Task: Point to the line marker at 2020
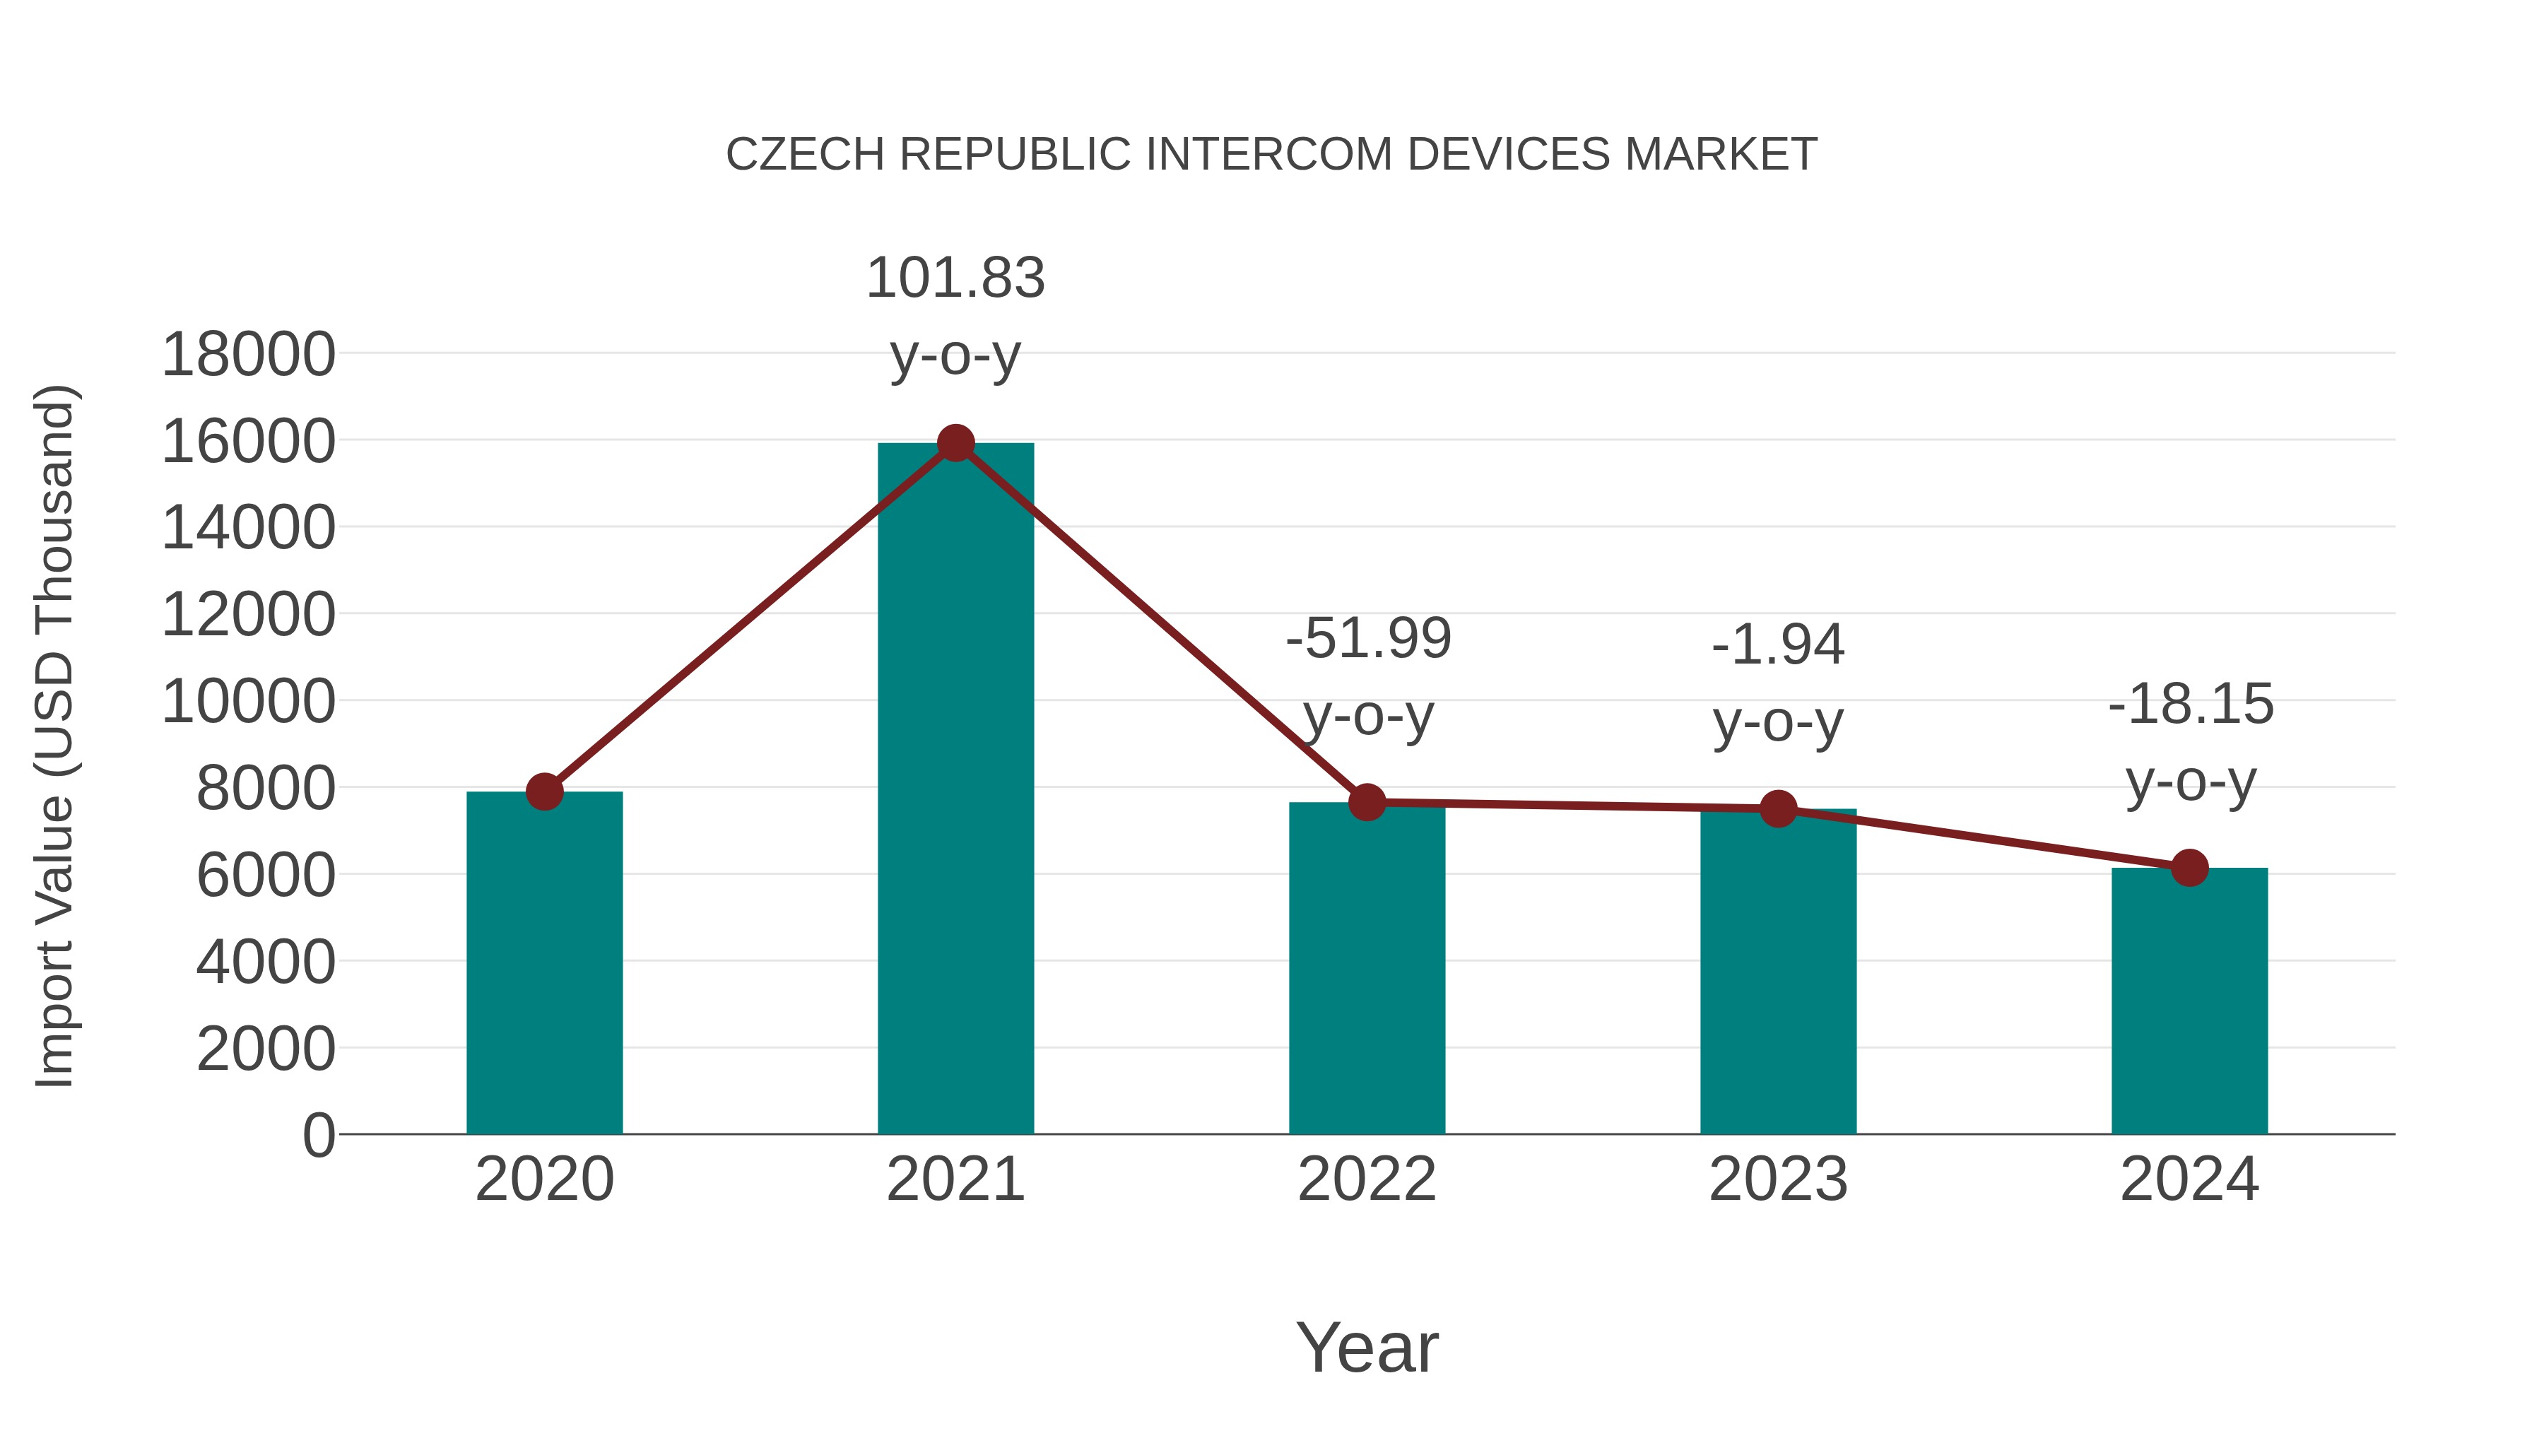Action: tap(544, 791)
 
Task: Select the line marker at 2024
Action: tap(2189, 868)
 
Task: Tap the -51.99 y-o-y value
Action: tap(1368, 639)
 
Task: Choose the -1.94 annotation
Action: tap(1778, 646)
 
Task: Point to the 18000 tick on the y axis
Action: tap(248, 355)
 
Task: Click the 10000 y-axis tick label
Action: tap(248, 702)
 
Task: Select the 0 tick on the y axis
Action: tap(318, 1136)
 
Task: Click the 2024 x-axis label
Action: tap(2189, 1179)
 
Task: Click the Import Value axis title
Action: tap(55, 736)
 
